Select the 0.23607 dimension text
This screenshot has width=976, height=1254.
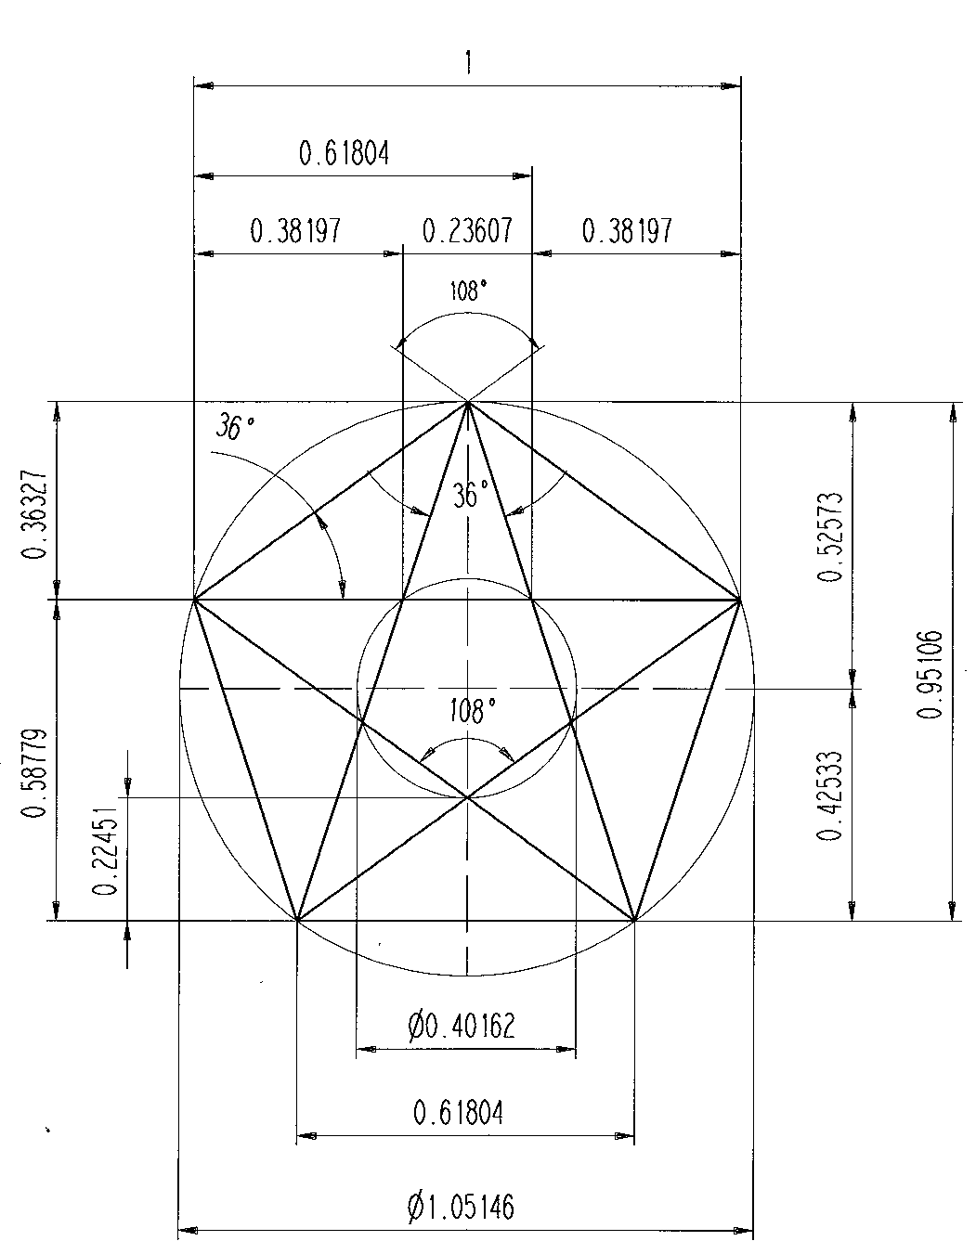tap(467, 230)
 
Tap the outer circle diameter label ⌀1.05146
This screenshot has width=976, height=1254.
tap(461, 1207)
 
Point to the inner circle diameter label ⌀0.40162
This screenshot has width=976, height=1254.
tap(461, 1026)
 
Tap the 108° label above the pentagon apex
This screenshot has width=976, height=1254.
tap(468, 292)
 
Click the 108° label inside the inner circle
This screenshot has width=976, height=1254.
tap(468, 713)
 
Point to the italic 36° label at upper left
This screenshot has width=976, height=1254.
tap(236, 428)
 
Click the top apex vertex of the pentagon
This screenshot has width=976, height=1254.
tap(468, 402)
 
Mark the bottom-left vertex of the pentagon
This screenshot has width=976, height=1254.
tap(296, 921)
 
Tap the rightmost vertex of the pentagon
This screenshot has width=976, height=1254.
tap(740, 601)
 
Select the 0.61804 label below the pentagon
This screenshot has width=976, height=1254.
tap(459, 1111)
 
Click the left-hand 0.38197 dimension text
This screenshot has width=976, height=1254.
tap(296, 230)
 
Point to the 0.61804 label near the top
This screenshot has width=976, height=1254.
tap(344, 153)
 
